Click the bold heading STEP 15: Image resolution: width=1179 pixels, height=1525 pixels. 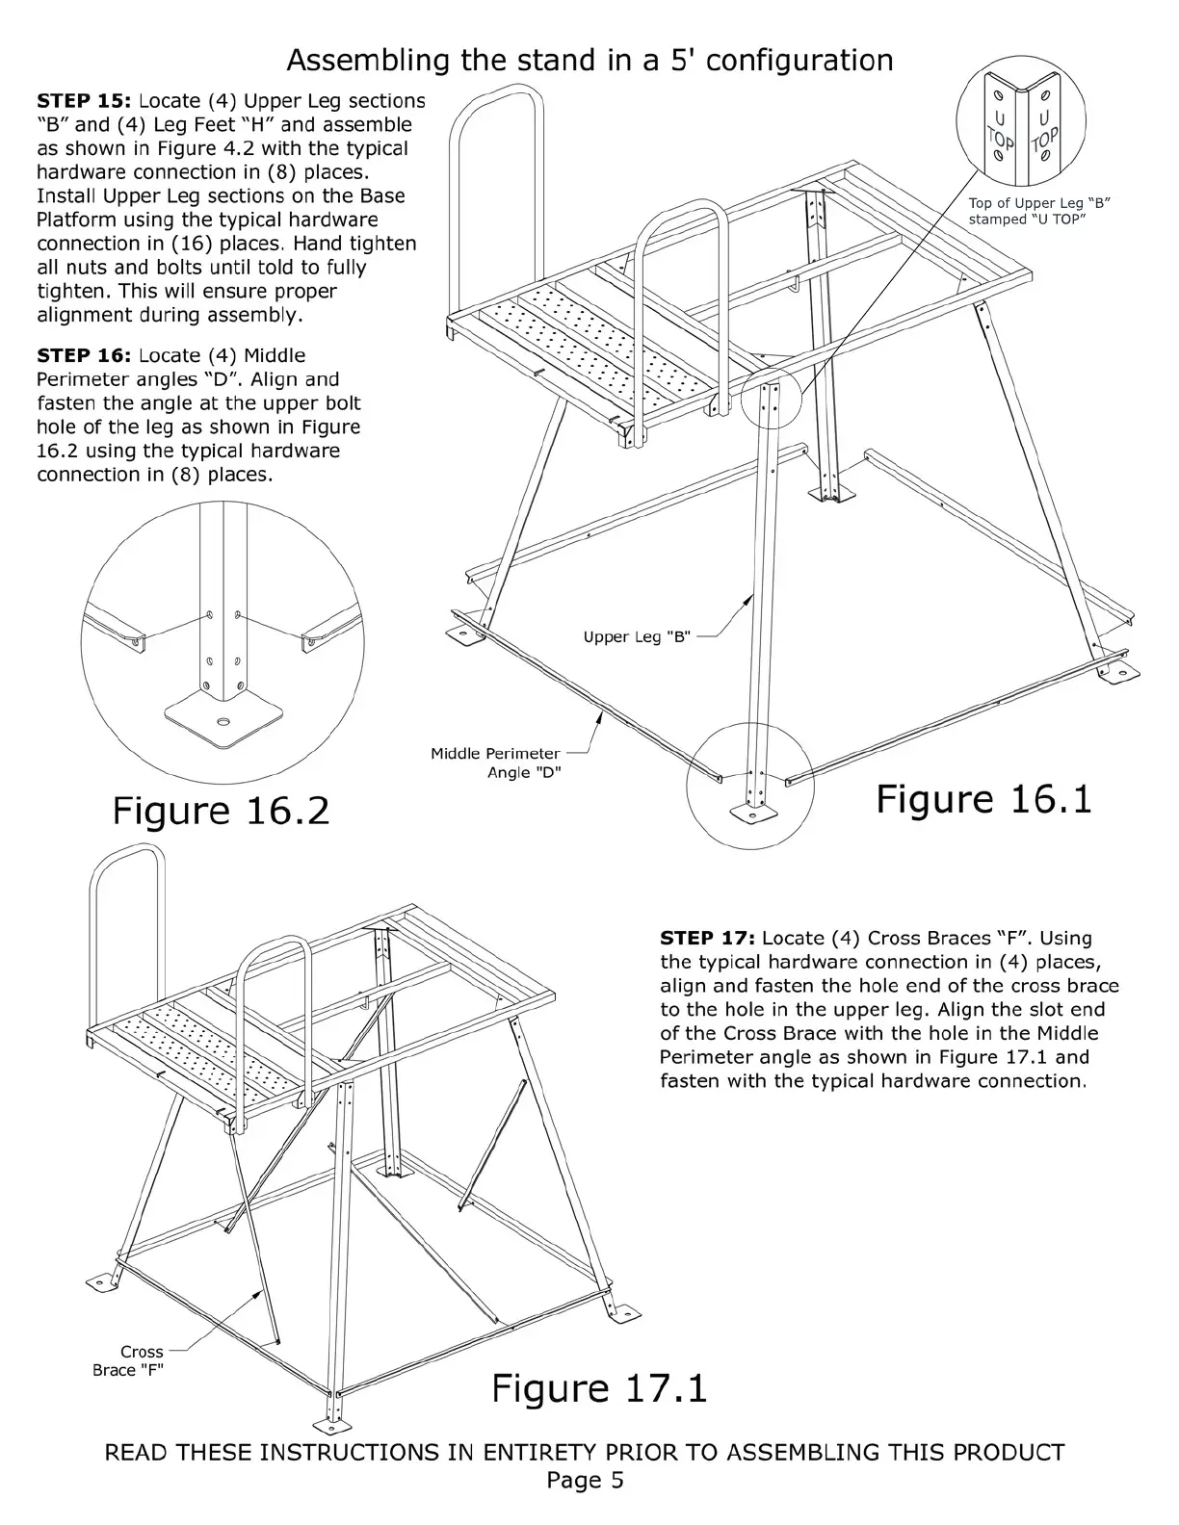[x=84, y=101]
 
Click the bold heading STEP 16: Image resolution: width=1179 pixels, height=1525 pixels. [x=84, y=356]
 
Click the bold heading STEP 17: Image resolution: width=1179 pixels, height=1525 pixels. [x=707, y=939]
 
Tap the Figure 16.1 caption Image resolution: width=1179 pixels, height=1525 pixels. [x=983, y=800]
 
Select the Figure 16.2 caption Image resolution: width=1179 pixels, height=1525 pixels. [x=221, y=811]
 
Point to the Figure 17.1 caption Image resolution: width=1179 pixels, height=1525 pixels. [x=599, y=1388]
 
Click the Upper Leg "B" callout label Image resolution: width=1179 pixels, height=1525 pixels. [x=637, y=637]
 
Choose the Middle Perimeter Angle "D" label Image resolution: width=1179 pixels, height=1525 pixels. [x=495, y=763]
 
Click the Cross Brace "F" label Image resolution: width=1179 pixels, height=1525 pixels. [x=129, y=1360]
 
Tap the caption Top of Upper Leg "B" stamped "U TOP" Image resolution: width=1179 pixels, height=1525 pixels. [x=1040, y=211]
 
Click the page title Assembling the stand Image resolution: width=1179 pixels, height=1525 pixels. [x=589, y=61]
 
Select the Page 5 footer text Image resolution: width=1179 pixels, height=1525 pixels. [x=585, y=1480]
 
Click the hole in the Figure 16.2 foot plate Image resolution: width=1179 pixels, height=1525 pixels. [x=224, y=721]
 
